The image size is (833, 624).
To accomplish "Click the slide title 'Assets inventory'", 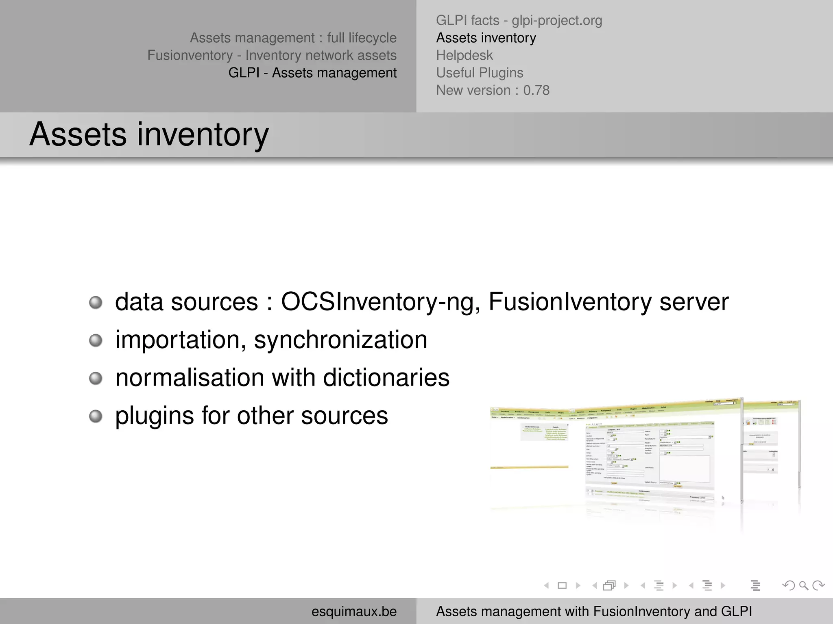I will click(x=149, y=134).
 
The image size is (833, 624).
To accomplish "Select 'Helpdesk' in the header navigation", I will click(x=464, y=55).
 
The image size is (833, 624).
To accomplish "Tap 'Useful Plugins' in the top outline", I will click(x=480, y=73).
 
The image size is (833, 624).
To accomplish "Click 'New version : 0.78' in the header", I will click(x=493, y=90).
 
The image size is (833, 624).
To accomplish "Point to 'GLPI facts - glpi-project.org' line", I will click(x=519, y=20).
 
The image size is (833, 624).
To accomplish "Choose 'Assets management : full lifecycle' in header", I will click(x=293, y=38).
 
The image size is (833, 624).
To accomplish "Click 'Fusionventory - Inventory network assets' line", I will click(x=272, y=55).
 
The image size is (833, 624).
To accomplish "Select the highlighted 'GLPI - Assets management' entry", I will click(x=312, y=73).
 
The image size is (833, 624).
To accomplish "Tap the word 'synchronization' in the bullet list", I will click(x=340, y=340).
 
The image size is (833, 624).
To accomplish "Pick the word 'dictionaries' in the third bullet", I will click(x=386, y=378).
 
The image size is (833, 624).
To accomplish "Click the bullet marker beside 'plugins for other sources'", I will click(x=96, y=416).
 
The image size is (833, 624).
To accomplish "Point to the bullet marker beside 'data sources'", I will click(x=96, y=303).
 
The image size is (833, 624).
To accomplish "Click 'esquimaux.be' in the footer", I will click(x=354, y=611).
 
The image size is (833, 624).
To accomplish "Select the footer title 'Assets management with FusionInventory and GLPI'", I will click(x=594, y=611).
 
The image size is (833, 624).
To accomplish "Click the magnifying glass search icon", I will click(x=803, y=585).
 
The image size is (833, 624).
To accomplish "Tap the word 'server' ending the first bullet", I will click(x=694, y=302).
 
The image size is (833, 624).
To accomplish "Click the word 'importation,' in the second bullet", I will click(x=181, y=340).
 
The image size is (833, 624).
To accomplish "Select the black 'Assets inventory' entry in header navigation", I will click(x=486, y=38).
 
